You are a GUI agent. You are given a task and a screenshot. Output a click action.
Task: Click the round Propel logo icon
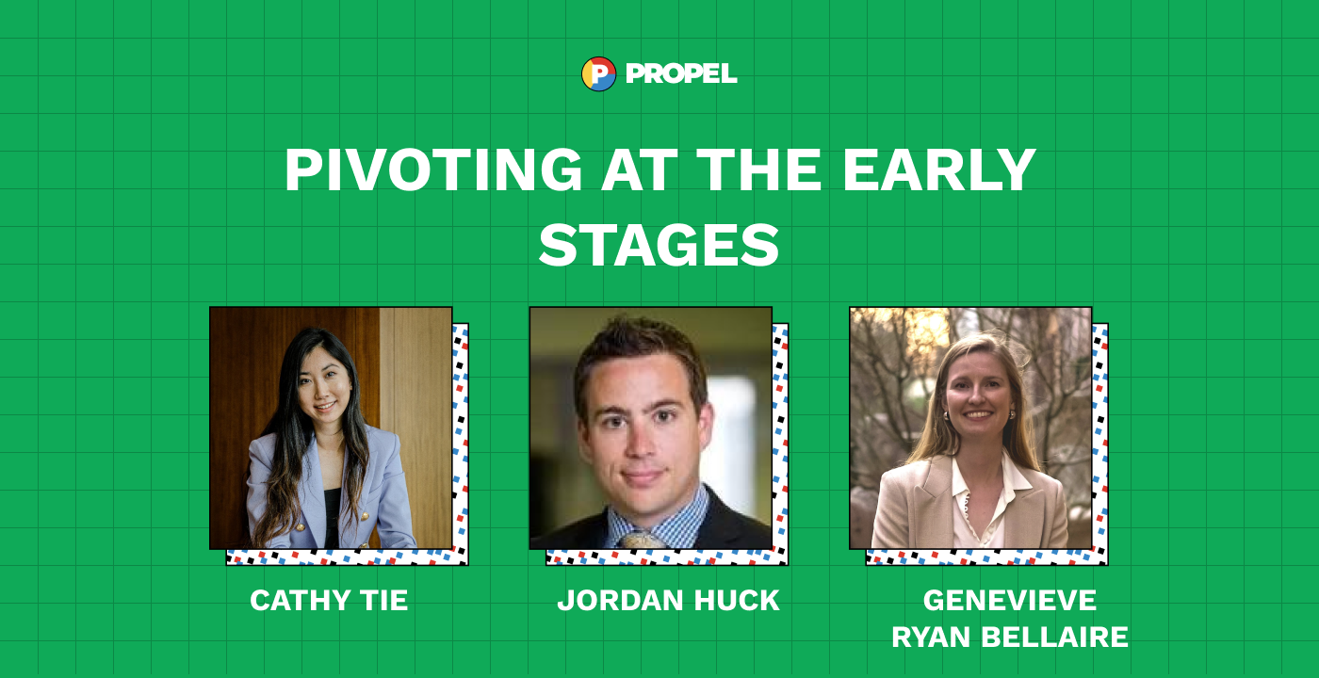(x=598, y=73)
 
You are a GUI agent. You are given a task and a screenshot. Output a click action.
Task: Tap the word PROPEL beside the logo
(x=681, y=73)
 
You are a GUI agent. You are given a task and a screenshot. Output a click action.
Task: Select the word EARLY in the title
(x=939, y=169)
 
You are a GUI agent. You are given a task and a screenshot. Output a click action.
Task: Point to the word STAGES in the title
(x=659, y=245)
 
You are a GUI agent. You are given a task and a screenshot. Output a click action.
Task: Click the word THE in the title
(x=759, y=169)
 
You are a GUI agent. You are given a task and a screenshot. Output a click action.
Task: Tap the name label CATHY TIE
(x=329, y=601)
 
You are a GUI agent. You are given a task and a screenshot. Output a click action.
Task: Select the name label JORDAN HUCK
(x=668, y=601)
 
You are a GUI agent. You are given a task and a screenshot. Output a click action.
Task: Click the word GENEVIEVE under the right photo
(x=1010, y=601)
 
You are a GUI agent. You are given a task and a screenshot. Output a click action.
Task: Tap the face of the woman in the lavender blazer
(x=322, y=388)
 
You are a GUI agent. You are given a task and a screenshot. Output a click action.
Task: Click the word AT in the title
(x=640, y=169)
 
